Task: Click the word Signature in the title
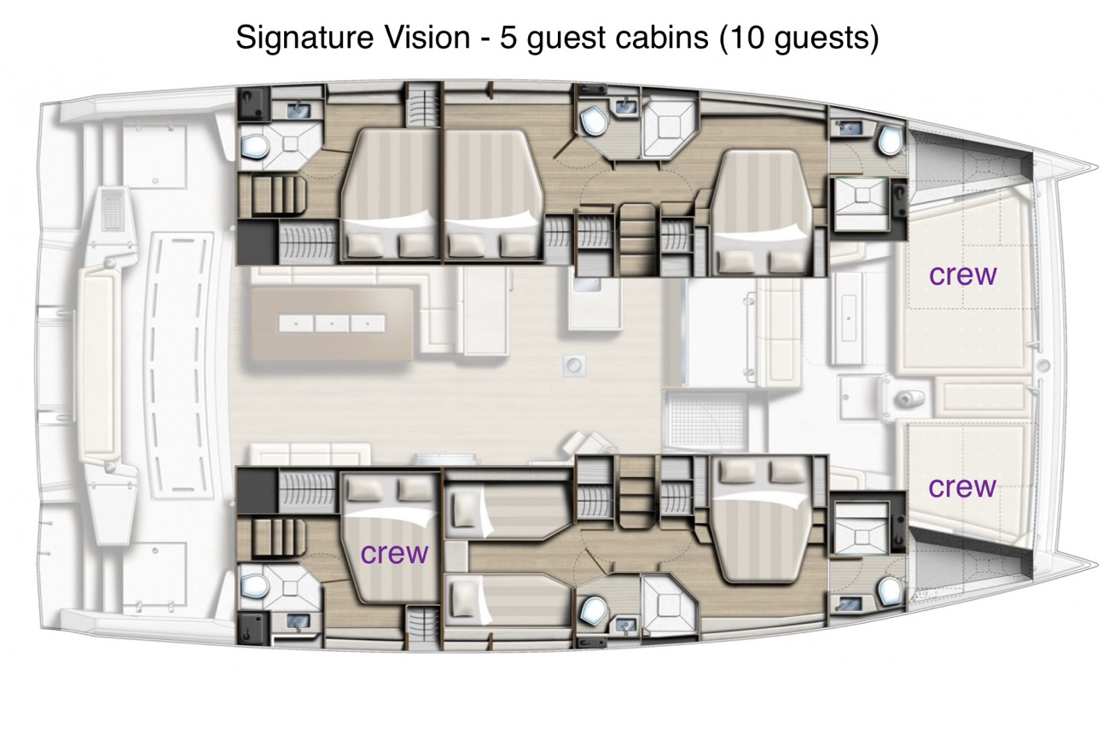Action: [305, 38]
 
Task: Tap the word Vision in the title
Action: [427, 38]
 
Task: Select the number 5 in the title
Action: [508, 38]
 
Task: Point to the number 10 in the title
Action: [746, 38]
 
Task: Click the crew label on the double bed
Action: [394, 554]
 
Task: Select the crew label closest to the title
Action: [962, 276]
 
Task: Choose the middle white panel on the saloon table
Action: [331, 323]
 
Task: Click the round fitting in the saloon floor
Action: [574, 366]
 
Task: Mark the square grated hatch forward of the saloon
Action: [705, 417]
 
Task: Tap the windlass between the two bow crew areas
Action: [908, 397]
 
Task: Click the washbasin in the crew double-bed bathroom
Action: [298, 621]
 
